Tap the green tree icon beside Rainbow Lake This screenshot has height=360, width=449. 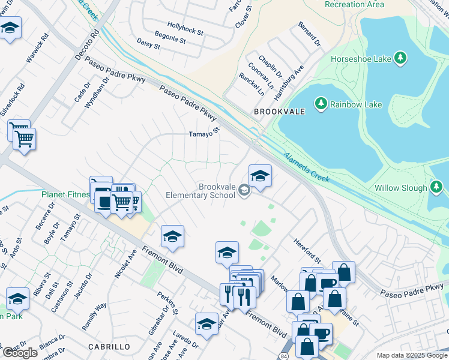pyautogui.click(x=321, y=104)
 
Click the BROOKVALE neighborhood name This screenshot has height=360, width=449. pyautogui.click(x=280, y=112)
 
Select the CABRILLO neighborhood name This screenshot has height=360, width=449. pyautogui.click(x=109, y=347)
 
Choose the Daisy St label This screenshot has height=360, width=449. pyautogui.click(x=149, y=43)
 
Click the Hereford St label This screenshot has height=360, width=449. pyautogui.click(x=308, y=251)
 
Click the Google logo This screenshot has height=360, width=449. pyautogui.click(x=20, y=353)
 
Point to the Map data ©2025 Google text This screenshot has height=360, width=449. pyautogui.click(x=411, y=355)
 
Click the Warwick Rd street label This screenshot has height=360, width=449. pyautogui.click(x=36, y=52)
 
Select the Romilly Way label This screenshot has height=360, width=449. pyautogui.click(x=94, y=313)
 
